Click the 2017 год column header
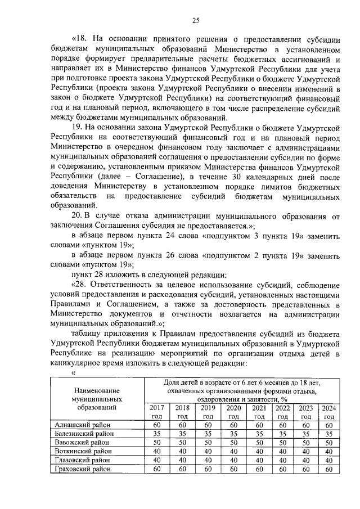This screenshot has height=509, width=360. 157,412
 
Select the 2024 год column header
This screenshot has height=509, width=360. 329,412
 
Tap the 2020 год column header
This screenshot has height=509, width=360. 233,412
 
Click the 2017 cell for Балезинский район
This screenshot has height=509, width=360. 157,434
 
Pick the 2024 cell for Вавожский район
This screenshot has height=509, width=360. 329,443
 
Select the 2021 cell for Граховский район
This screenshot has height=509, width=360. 259,469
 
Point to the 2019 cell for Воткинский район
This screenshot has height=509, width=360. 208,452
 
